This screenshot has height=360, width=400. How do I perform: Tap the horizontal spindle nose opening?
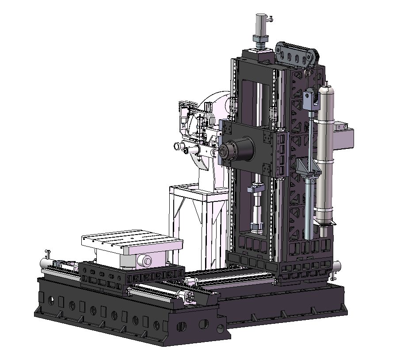pos(225,152)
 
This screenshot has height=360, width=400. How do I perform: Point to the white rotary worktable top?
pos(132,240)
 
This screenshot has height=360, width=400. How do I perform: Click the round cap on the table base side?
pos(145,261)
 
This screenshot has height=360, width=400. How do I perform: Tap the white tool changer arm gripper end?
pos(179,146)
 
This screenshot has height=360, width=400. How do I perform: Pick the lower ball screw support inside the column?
pos(256,228)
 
